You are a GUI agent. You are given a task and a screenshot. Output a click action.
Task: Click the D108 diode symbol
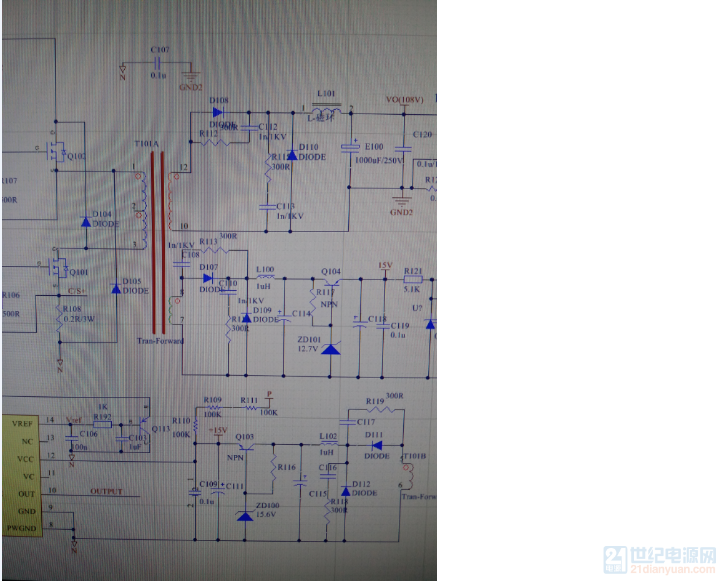(x=218, y=112)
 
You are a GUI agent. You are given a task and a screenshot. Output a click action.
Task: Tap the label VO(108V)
(x=404, y=100)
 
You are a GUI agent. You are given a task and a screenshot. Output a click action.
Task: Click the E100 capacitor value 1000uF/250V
(x=379, y=160)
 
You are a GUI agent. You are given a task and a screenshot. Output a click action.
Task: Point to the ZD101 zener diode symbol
(x=330, y=349)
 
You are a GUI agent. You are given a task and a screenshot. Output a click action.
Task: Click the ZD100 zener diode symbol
(x=245, y=515)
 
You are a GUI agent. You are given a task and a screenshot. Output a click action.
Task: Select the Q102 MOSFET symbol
(x=57, y=152)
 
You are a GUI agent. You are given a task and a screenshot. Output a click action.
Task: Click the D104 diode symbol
(x=86, y=222)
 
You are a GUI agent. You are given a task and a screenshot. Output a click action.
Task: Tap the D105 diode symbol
(x=115, y=288)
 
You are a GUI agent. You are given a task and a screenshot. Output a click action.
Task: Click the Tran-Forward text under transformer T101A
(x=160, y=341)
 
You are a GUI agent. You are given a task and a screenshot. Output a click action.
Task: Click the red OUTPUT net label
(x=106, y=492)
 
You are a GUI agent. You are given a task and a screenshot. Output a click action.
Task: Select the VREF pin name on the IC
(x=22, y=424)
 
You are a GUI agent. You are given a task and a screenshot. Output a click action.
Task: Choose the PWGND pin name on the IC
(x=21, y=529)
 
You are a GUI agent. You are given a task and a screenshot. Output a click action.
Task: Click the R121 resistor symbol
(x=413, y=280)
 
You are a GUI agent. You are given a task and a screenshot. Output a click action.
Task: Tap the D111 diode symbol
(x=376, y=445)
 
